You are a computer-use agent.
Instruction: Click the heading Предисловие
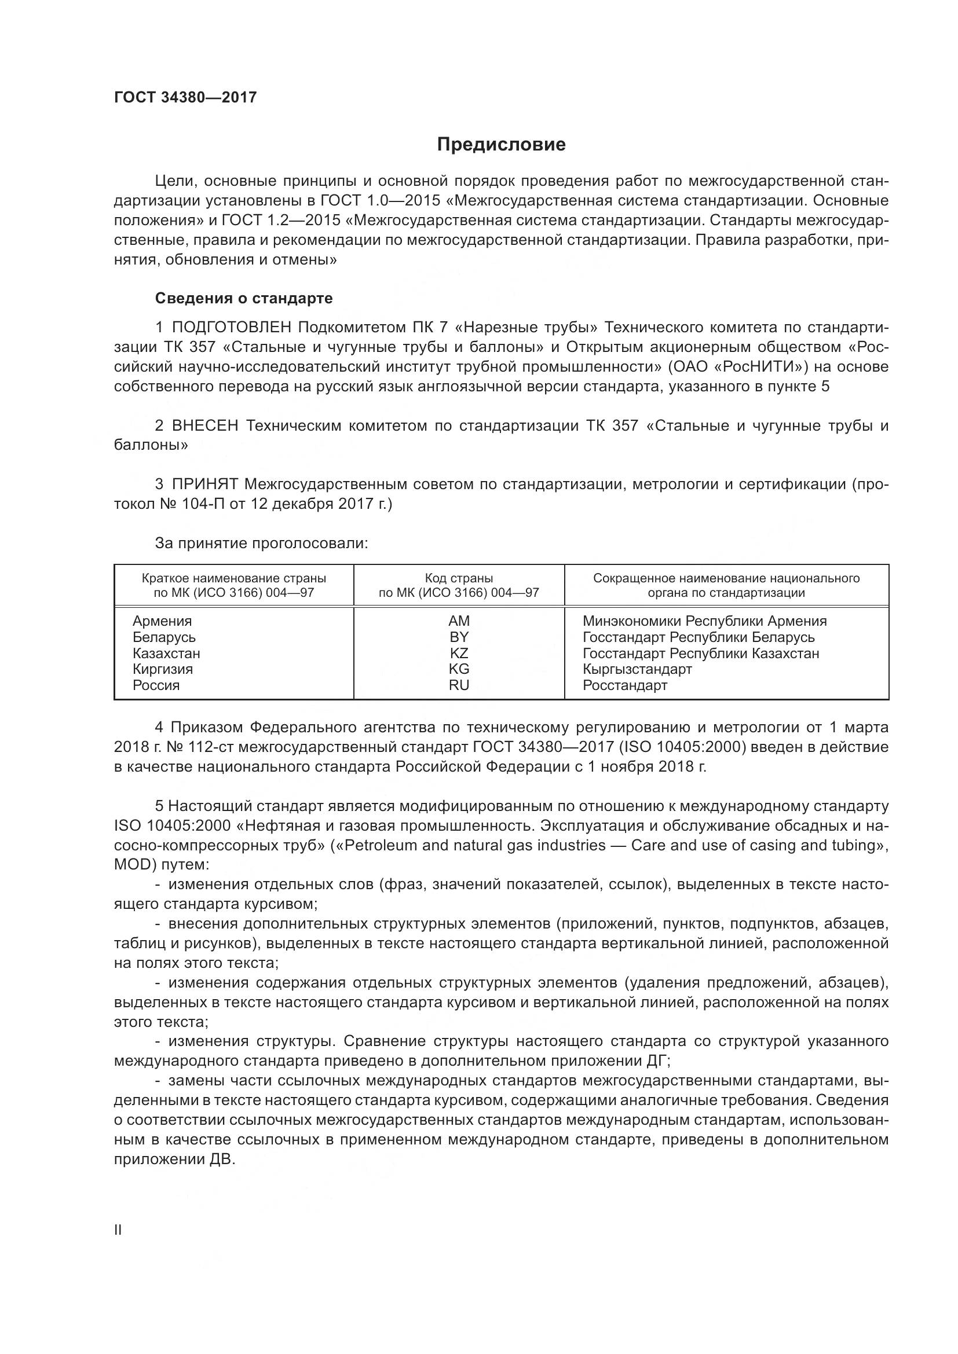tap(501, 145)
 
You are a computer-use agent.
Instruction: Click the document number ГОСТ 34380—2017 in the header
tap(185, 98)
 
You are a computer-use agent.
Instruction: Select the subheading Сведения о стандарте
tap(244, 298)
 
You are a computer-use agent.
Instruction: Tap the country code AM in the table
tap(459, 621)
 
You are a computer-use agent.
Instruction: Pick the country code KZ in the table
tap(459, 654)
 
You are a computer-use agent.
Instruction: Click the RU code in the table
tap(459, 685)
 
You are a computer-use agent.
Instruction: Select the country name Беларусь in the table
tap(164, 637)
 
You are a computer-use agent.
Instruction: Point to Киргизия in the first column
tap(163, 669)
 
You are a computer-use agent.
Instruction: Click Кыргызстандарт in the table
tap(637, 669)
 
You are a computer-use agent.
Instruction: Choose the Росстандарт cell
tap(625, 685)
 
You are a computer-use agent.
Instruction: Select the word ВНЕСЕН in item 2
tap(205, 426)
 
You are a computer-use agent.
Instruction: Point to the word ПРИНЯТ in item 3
tap(204, 485)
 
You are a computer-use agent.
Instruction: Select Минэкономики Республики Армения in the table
tap(704, 621)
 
